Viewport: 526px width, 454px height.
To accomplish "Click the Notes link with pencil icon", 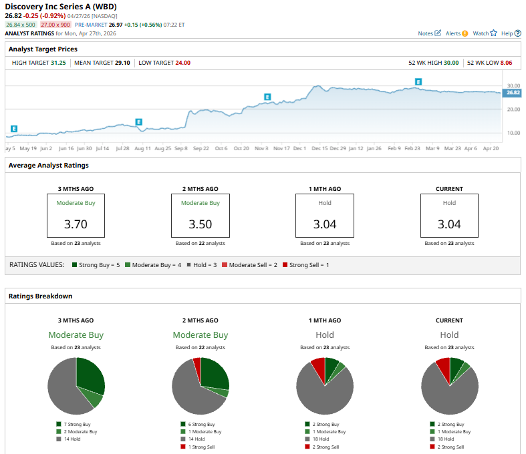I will (429, 33).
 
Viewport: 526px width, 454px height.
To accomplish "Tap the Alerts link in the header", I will (456, 33).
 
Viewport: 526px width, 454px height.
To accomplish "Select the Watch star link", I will (485, 33).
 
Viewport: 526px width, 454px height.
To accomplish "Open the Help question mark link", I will (511, 33).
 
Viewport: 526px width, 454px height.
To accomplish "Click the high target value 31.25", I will (58, 63).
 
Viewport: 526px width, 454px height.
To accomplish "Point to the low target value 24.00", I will (183, 63).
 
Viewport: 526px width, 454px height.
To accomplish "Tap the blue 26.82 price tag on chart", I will (511, 93).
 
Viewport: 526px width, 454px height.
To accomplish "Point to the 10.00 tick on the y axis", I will (513, 133).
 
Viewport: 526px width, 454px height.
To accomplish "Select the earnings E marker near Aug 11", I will (139, 122).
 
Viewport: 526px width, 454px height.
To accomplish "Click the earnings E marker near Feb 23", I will (418, 82).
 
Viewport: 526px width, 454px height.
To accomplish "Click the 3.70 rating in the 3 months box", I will (76, 224).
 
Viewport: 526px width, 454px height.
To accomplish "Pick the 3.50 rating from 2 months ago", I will (200, 224).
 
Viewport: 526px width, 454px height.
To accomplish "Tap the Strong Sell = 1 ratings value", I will (309, 265).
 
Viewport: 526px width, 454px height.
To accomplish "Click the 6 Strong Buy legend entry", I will (201, 424).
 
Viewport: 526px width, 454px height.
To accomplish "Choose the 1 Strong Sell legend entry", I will (201, 447).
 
